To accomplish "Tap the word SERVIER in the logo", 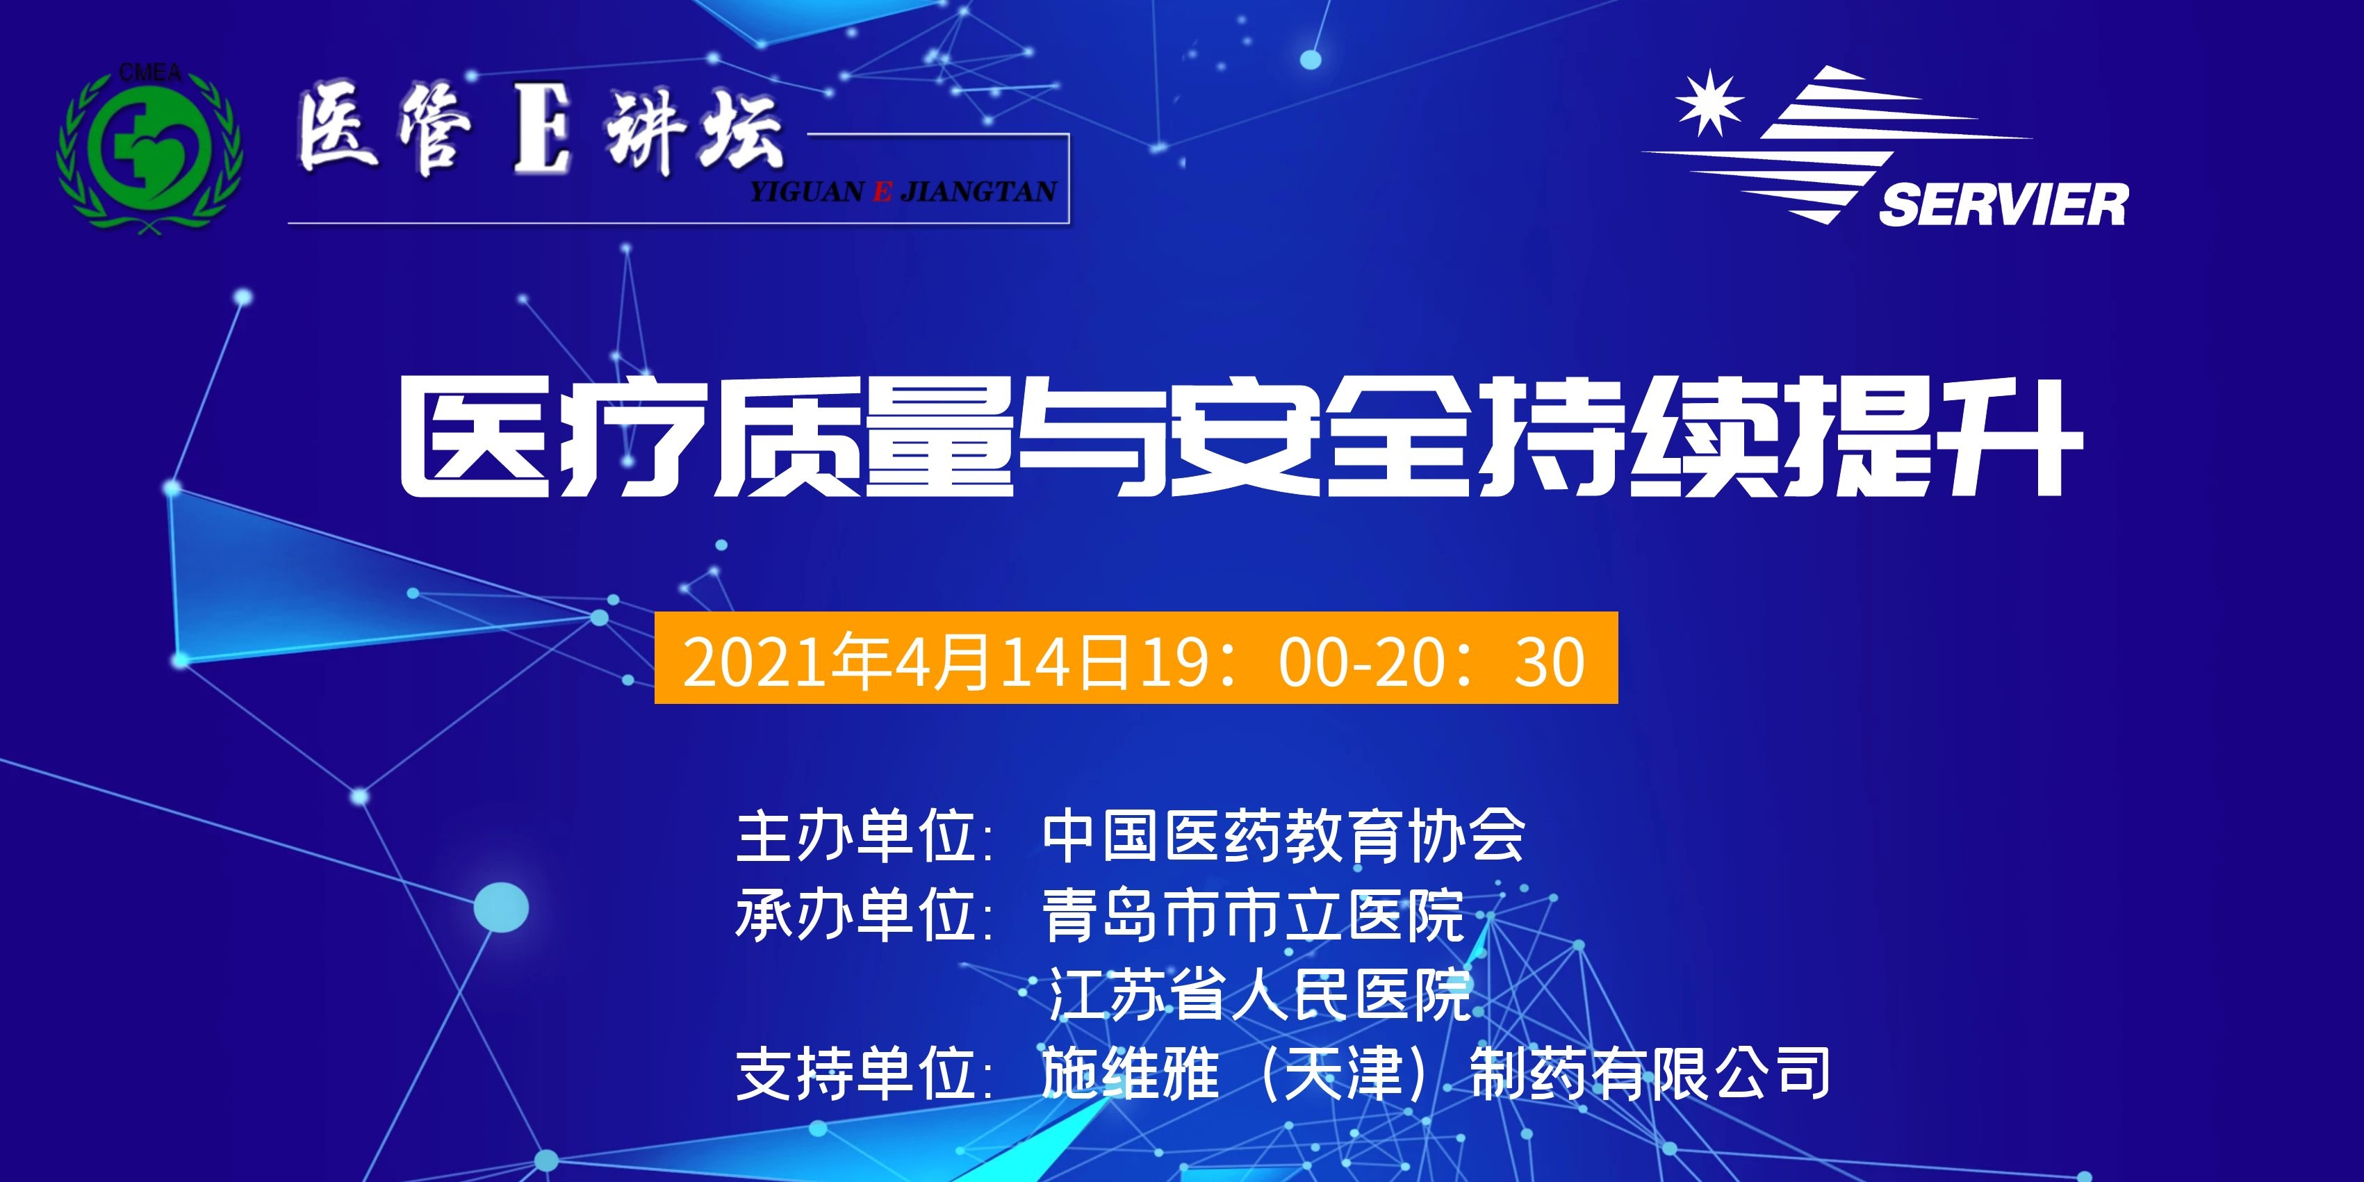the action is [x=2003, y=204].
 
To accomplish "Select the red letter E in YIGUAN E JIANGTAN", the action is [x=882, y=192].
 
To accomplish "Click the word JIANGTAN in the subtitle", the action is [x=978, y=192].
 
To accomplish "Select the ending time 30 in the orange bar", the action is [x=1549, y=662].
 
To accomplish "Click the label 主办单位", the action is [x=855, y=836].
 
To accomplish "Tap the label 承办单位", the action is [x=855, y=915].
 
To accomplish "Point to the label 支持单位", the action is [x=855, y=1073].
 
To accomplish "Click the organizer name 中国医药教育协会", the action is [x=1283, y=836].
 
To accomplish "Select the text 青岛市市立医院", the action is [x=1254, y=915].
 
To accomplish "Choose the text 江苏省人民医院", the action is [x=1259, y=994].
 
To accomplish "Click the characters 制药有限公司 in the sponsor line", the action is [x=1650, y=1073].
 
